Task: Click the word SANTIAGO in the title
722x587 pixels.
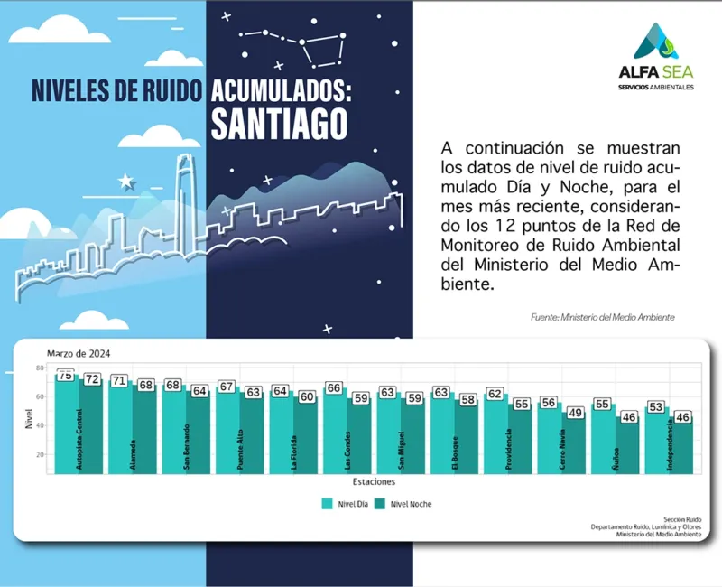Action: [279, 124]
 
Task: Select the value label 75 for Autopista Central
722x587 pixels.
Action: [65, 375]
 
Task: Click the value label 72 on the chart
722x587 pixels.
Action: [92, 380]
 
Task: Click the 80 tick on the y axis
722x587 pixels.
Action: [40, 368]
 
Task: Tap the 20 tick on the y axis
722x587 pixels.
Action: [40, 454]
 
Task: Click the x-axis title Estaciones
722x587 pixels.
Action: [373, 480]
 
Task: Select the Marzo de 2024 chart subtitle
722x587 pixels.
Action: [79, 353]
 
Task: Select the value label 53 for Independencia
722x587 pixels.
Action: [656, 407]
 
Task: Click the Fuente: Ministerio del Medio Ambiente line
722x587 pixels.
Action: [603, 318]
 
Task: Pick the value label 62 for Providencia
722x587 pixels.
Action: [495, 394]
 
